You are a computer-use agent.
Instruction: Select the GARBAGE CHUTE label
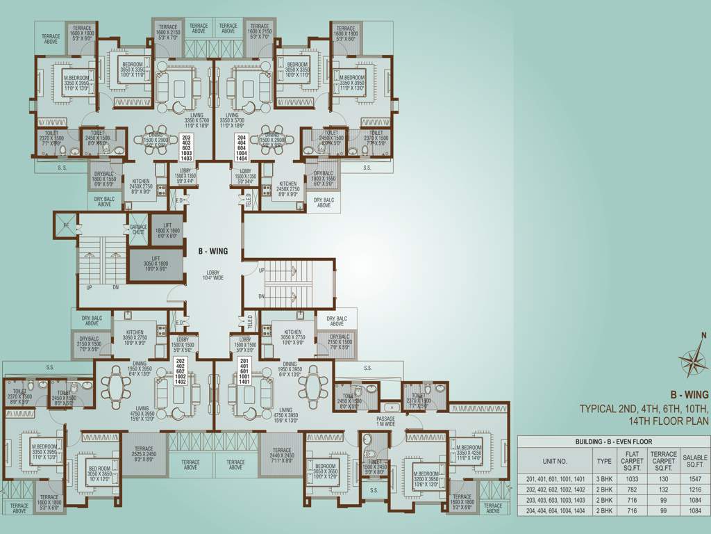pos(138,229)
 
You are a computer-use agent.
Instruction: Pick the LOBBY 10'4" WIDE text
pos(213,275)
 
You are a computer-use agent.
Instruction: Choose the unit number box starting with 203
pos(185,147)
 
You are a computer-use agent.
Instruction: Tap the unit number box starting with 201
pos(244,372)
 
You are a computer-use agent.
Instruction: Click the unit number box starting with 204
pos(241,147)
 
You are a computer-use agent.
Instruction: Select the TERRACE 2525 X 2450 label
pos(143,455)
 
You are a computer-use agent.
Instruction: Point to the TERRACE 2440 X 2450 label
pos(281,455)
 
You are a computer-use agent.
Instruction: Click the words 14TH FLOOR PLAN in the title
pos(668,421)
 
